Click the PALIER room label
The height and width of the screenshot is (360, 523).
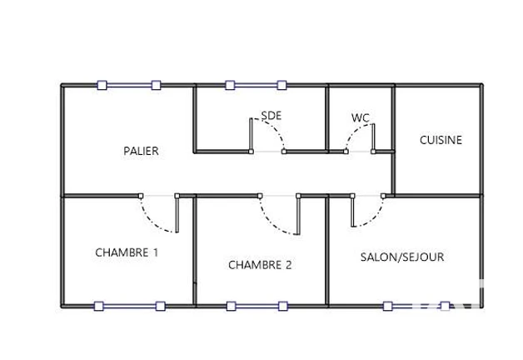(141, 151)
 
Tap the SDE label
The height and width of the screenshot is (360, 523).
(271, 116)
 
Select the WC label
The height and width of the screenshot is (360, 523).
(361, 117)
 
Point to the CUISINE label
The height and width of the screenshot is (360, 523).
(441, 140)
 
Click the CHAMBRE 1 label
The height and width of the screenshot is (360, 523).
(127, 252)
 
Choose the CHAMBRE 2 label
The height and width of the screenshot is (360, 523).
(260, 265)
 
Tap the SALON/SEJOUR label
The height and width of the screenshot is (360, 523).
(402, 257)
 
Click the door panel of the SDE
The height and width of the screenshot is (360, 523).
(252, 136)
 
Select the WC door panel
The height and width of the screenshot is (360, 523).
(373, 138)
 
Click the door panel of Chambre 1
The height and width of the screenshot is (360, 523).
(177, 213)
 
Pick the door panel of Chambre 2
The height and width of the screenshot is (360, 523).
(298, 214)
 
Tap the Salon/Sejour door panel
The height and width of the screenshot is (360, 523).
(352, 211)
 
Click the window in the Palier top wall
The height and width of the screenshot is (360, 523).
(129, 85)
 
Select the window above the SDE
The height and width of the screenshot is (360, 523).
(256, 85)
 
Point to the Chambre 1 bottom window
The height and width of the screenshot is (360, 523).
(130, 306)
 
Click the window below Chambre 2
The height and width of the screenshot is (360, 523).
(257, 306)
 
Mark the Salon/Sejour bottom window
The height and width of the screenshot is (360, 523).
(416, 306)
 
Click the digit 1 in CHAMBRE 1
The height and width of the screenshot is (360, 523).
(156, 252)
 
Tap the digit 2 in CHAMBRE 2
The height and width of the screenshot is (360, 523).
(288, 265)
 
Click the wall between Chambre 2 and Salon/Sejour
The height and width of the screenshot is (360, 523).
(327, 251)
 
